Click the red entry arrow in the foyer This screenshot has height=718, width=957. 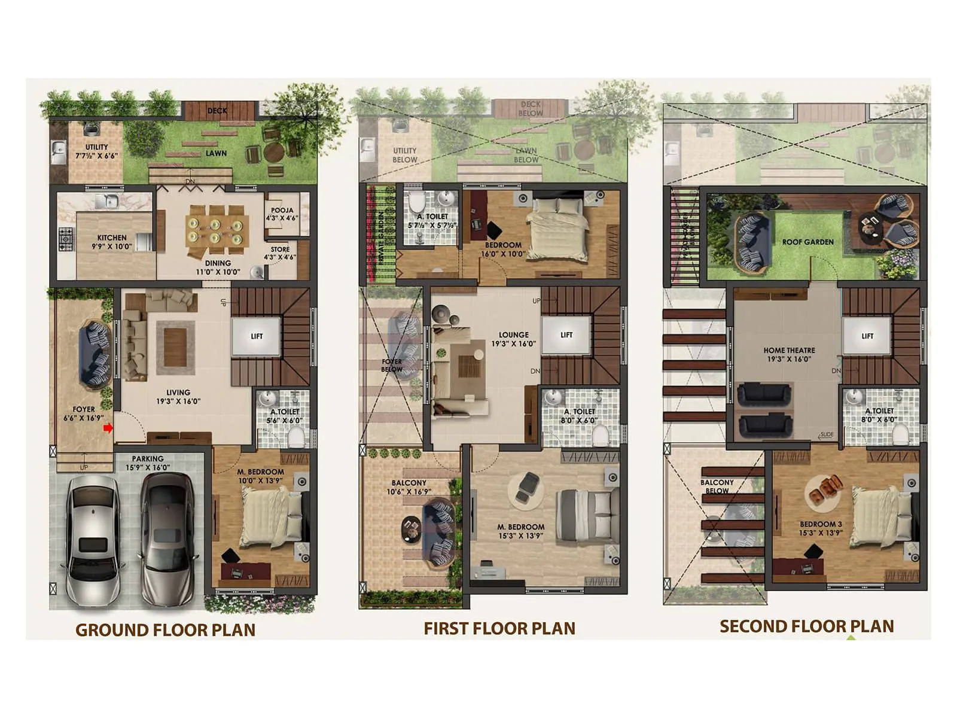[x=108, y=428]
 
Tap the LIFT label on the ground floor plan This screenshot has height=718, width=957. [x=257, y=336]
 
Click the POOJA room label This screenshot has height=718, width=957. [x=282, y=211]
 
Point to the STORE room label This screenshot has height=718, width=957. [x=280, y=250]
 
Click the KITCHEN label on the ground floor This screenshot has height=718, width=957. [x=112, y=238]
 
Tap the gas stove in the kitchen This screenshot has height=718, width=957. [x=65, y=238]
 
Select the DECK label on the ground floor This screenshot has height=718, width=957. [x=217, y=111]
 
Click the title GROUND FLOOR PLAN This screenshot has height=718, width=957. [x=165, y=630]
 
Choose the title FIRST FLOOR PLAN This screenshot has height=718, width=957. [x=499, y=628]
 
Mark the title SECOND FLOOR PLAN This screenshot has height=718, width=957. [x=806, y=626]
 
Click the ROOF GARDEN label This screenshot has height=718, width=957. [x=807, y=242]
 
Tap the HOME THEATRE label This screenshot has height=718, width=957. [x=789, y=351]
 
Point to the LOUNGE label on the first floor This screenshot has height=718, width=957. [x=514, y=335]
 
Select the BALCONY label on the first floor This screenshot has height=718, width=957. [x=409, y=483]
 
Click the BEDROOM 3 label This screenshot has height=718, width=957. [x=821, y=524]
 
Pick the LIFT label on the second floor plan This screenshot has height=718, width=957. [x=867, y=336]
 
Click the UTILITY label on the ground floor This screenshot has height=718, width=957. [x=96, y=147]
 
